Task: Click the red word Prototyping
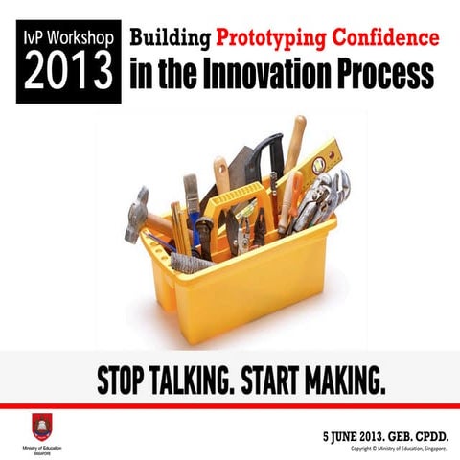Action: [272, 39]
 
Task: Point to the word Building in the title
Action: [171, 39]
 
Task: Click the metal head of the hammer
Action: [137, 214]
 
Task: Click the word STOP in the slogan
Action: [124, 381]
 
